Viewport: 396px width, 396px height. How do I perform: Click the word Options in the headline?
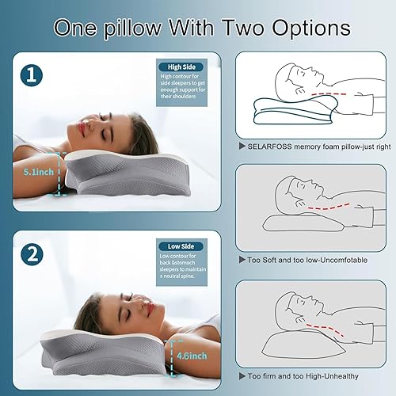point(304,27)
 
